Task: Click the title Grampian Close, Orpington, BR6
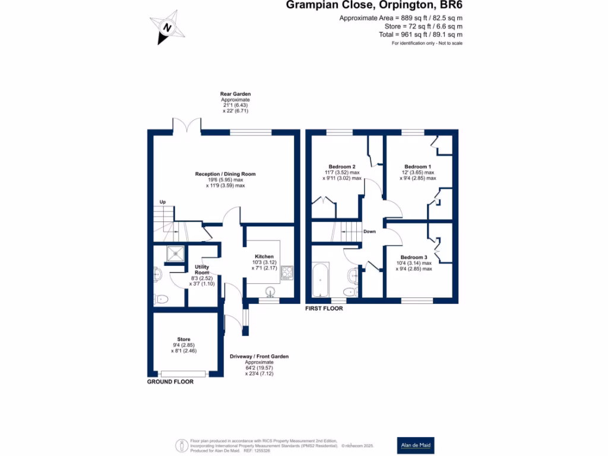[375, 6]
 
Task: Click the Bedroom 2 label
[342, 167]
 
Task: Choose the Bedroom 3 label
[414, 257]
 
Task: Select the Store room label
[183, 340]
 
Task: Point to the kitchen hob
[287, 273]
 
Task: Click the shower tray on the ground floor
[176, 254]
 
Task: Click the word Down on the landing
[369, 232]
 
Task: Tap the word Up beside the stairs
[162, 202]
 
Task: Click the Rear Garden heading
[236, 94]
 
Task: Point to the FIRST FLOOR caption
[324, 309]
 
